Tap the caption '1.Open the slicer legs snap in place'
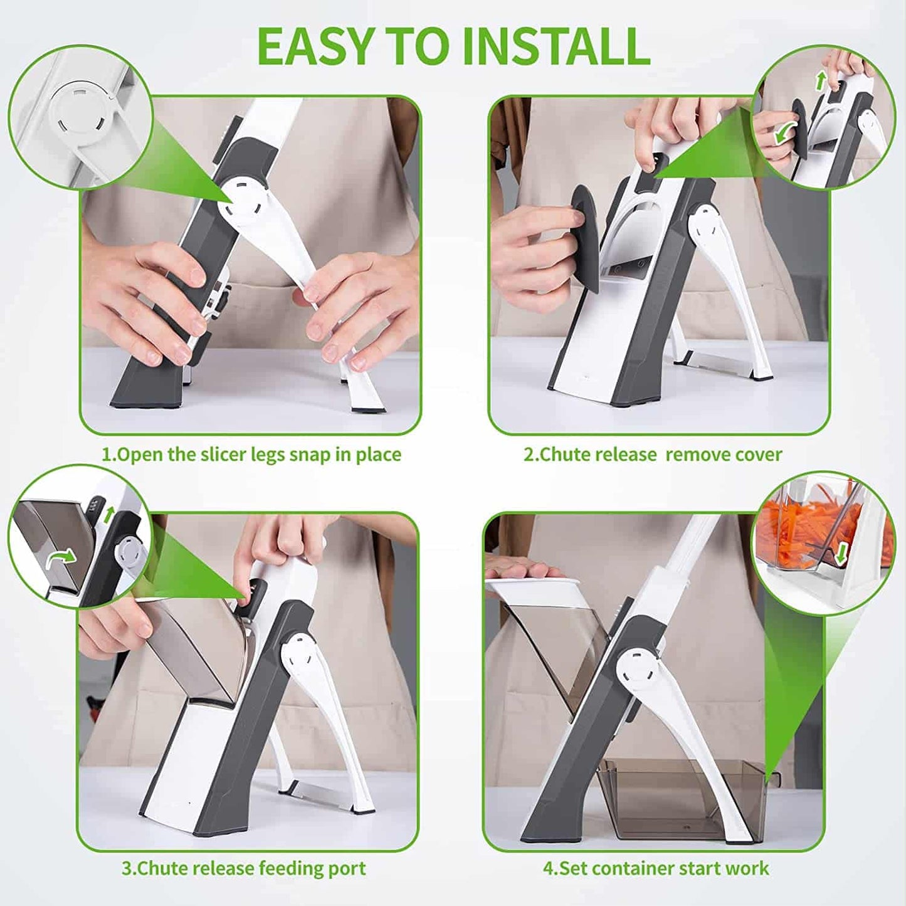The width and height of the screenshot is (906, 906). point(251,455)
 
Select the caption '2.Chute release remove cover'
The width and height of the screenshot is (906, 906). point(653,455)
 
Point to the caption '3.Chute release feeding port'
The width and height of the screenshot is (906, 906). point(243,869)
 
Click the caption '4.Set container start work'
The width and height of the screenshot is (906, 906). point(655,869)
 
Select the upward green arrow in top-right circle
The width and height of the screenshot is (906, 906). point(819,80)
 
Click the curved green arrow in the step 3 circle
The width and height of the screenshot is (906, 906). point(63,556)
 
